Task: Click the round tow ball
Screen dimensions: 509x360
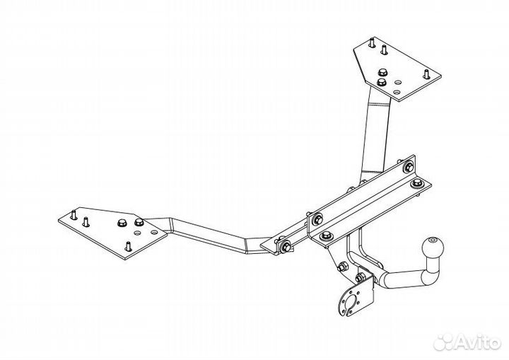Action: [x=433, y=249]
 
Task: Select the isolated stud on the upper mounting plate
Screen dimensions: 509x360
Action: [x=426, y=74]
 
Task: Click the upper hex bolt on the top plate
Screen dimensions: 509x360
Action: [x=382, y=73]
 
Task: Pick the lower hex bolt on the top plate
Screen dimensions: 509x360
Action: [x=382, y=81]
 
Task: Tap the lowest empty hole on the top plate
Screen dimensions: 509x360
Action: [x=397, y=92]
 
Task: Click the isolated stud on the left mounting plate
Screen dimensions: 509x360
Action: [x=128, y=247]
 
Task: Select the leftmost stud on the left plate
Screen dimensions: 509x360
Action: [x=74, y=216]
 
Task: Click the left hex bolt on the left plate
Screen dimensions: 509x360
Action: [x=122, y=223]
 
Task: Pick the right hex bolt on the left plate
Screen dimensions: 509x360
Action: [x=139, y=222]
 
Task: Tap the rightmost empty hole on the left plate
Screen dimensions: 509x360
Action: [x=154, y=232]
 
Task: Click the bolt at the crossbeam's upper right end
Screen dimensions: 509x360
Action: [x=409, y=168]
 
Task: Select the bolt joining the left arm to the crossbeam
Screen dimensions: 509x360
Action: [x=286, y=246]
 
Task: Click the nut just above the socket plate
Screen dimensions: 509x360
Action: [x=359, y=278]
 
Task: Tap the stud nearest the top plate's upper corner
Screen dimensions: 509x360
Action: [x=372, y=43]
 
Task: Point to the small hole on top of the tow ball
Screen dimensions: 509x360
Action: [x=432, y=240]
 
